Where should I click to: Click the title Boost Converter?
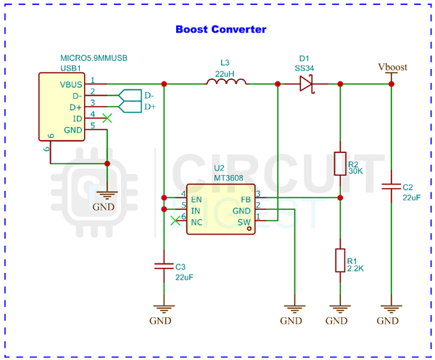(221, 30)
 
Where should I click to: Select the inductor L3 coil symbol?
(226, 83)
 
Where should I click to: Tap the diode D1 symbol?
(306, 84)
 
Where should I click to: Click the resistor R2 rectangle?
(339, 163)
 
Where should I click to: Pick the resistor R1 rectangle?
(339, 259)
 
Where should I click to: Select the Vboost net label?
(392, 67)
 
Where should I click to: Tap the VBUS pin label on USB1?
(71, 84)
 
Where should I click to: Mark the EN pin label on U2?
(196, 198)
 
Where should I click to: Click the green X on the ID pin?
(107, 118)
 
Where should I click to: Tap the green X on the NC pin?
(173, 221)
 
